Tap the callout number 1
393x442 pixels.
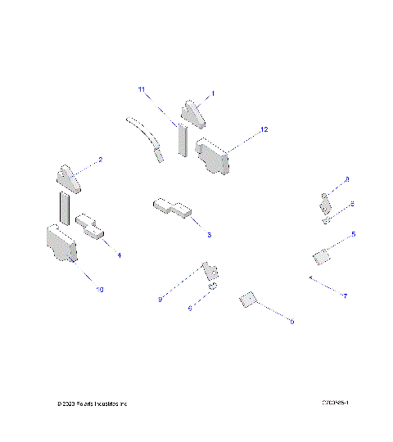213,94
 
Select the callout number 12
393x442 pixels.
263,130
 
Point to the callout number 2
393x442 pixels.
100,160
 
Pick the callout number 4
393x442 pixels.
119,255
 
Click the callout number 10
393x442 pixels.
100,290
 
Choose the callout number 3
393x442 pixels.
209,235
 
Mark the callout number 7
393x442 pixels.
345,295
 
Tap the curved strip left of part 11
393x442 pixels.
147,138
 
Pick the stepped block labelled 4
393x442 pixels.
91,226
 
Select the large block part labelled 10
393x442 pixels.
61,243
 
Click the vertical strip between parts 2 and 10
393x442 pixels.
63,208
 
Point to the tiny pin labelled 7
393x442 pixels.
309,278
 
